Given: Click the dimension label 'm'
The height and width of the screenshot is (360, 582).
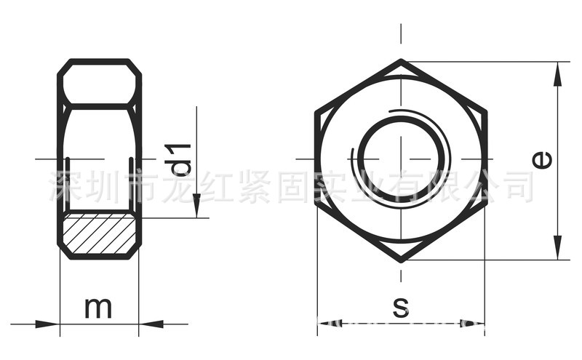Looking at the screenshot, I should coord(98,308).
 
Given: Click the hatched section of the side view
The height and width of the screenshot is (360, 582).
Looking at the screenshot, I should coord(99,233).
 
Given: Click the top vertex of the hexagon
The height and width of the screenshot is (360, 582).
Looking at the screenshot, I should coord(401,60).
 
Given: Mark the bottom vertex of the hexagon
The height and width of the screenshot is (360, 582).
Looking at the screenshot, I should coord(401,260).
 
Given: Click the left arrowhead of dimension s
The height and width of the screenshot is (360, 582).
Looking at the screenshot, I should coord(326,321).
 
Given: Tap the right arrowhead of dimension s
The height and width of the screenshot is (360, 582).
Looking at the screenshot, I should coord(477,321).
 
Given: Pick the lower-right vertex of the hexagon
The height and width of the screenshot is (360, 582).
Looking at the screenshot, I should coord(485,209).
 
